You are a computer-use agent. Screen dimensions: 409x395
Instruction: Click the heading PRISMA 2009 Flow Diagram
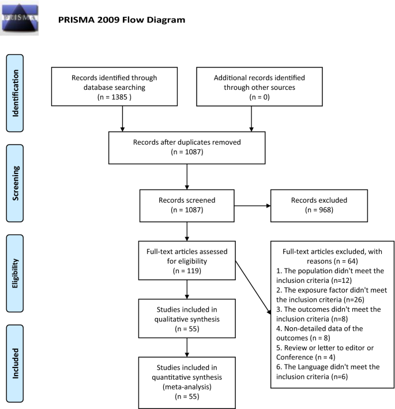click(x=122, y=20)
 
